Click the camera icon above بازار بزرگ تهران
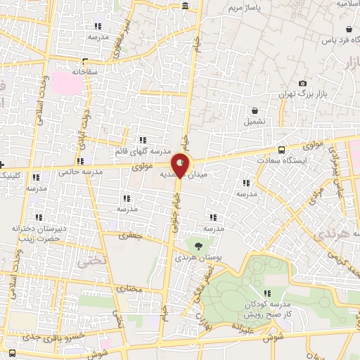point(302,84)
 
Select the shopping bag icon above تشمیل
point(254,110)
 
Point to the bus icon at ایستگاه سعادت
point(282,149)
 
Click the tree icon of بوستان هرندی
point(199,246)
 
